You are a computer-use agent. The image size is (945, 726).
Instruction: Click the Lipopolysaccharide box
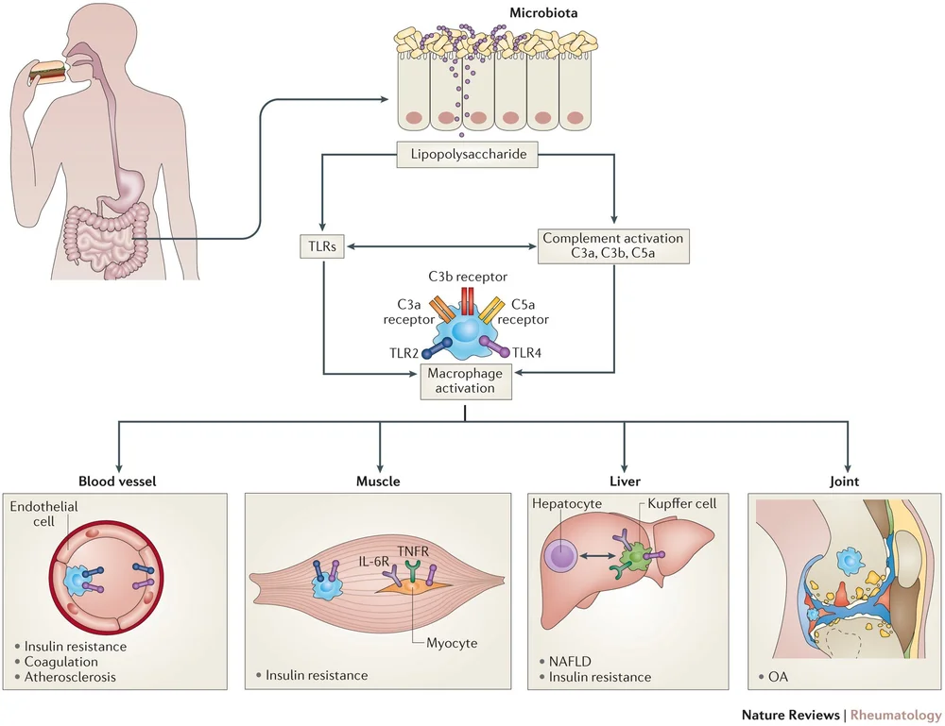[x=467, y=153]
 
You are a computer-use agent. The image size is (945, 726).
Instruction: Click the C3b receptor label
[x=467, y=276]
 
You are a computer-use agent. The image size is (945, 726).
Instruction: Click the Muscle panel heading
[x=378, y=481]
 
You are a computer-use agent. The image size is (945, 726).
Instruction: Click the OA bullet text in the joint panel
[x=777, y=676]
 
